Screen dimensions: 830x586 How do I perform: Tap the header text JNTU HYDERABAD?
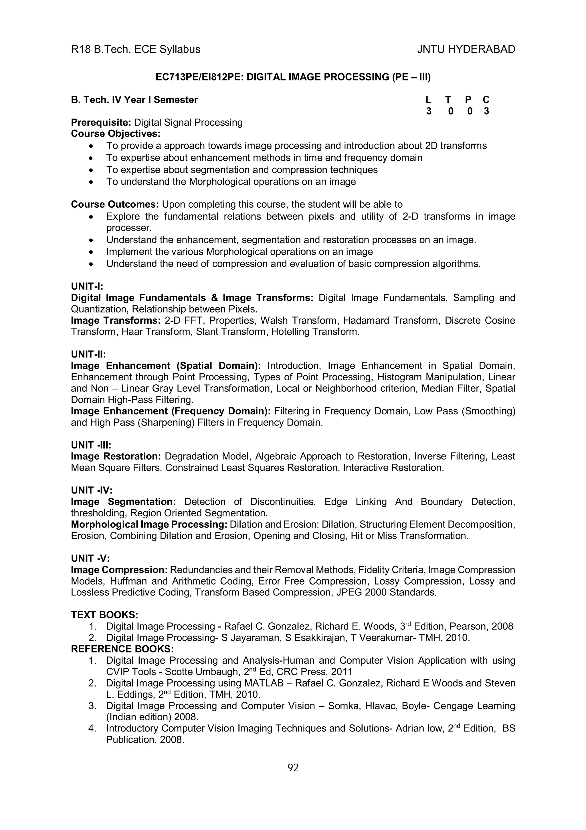point(466,49)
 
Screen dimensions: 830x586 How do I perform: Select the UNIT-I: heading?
point(87,286)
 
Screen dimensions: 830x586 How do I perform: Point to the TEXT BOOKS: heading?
point(104,615)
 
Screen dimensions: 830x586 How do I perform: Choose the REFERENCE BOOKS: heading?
point(122,649)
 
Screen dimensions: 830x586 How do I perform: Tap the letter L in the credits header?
point(428,100)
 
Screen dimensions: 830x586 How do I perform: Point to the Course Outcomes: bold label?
point(115,204)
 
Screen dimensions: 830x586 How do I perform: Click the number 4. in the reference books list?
point(92,728)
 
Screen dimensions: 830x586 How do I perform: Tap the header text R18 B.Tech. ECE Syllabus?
point(135,49)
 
